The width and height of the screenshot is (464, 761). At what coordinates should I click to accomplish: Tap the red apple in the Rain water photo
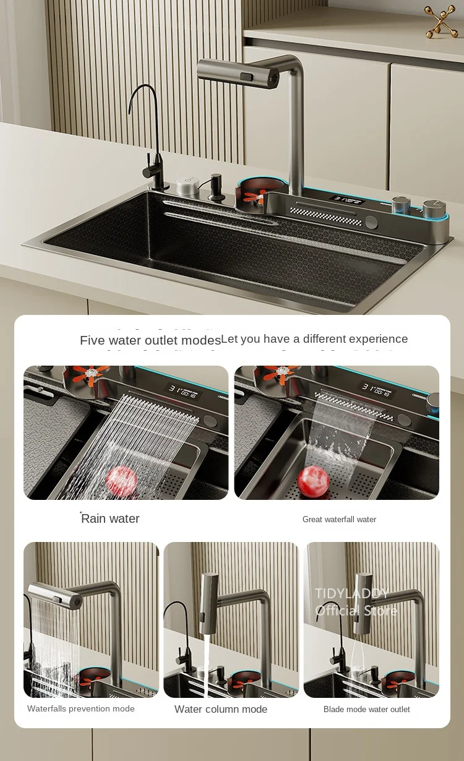tap(122, 481)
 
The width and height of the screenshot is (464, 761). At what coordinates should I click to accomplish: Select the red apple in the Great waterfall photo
tap(313, 481)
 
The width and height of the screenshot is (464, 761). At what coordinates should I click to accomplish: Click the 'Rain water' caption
tap(110, 518)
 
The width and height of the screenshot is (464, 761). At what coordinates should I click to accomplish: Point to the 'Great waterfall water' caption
tap(339, 519)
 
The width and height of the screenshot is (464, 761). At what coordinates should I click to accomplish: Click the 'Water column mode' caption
tap(221, 709)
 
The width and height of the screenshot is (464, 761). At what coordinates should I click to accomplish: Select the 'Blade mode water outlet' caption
tap(366, 709)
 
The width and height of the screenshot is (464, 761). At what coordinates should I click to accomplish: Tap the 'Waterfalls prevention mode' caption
tap(80, 708)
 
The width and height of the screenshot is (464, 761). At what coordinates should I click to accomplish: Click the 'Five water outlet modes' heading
tap(150, 340)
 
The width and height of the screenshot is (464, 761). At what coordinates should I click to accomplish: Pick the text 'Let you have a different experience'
tap(314, 339)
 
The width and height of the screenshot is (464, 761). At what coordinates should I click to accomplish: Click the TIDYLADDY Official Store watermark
tap(355, 602)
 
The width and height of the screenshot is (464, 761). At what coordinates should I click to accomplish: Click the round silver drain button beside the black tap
tap(187, 186)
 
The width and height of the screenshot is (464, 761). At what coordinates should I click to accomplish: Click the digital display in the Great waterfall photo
tap(377, 390)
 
